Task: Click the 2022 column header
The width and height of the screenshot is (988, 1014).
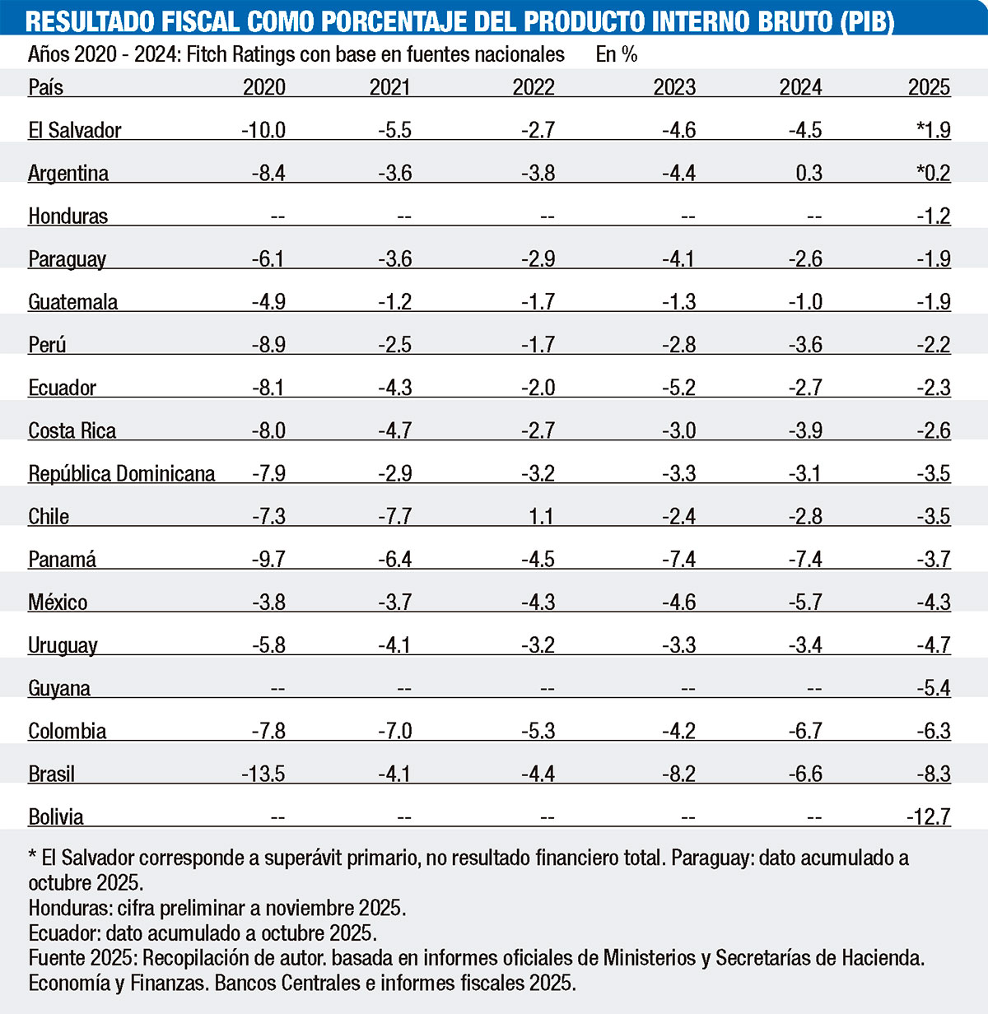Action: tap(534, 87)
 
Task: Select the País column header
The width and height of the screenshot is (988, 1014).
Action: tap(45, 87)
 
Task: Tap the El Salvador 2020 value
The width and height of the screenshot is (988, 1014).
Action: tap(263, 130)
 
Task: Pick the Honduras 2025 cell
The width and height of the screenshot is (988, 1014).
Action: tap(934, 216)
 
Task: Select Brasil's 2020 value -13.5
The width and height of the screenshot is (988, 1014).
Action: tap(263, 774)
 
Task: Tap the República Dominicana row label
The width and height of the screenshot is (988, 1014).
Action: tap(122, 473)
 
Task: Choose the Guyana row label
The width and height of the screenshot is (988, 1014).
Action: tap(59, 688)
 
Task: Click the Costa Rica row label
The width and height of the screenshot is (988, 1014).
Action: tap(72, 430)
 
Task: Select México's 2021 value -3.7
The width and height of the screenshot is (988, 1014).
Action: tap(394, 602)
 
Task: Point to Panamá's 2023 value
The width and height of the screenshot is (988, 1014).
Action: tap(678, 559)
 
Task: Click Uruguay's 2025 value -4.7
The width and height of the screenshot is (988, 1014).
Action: tap(934, 644)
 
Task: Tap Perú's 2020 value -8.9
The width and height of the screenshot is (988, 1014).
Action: tap(268, 344)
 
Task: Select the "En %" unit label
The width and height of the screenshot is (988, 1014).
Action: tap(617, 54)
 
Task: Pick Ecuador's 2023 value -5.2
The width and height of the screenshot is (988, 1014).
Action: tap(678, 388)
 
